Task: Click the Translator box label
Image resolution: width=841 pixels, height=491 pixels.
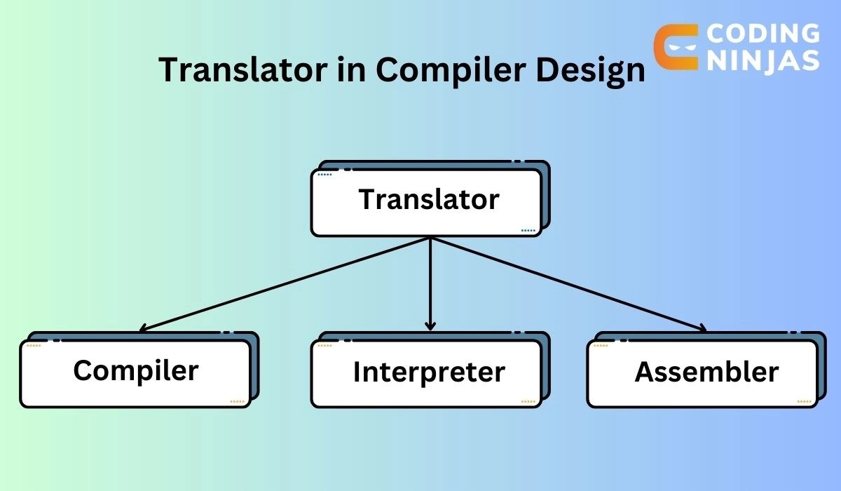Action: tap(429, 200)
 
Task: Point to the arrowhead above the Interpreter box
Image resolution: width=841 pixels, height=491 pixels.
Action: tap(430, 325)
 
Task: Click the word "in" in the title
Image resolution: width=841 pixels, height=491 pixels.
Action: tap(353, 71)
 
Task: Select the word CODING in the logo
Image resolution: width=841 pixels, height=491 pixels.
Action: tap(762, 33)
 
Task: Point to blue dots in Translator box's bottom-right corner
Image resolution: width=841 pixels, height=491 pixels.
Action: tap(528, 230)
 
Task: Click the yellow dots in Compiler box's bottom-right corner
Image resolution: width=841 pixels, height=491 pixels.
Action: tap(237, 402)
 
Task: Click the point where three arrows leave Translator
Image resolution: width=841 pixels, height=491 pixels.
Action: tap(430, 238)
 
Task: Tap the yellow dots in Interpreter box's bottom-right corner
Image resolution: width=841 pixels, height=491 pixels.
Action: tap(528, 402)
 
